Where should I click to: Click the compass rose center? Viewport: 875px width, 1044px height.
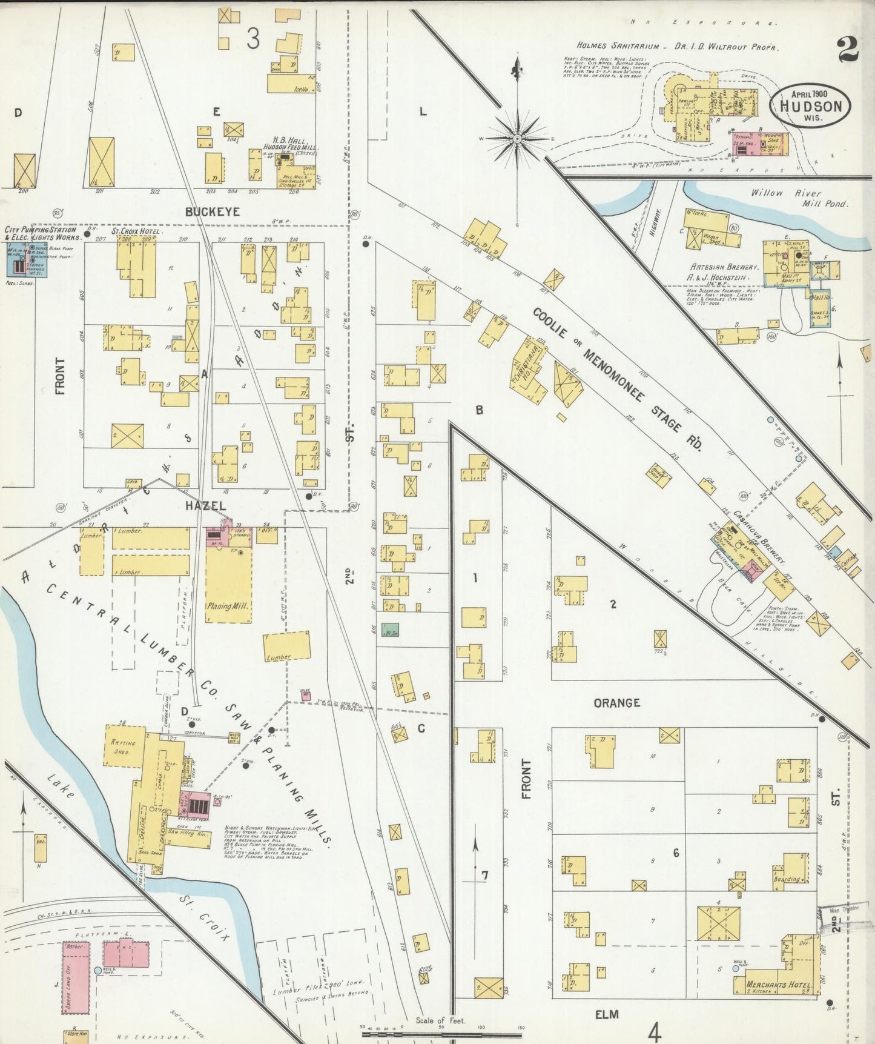click(x=517, y=139)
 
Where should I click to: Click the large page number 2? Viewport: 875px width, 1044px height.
click(x=848, y=50)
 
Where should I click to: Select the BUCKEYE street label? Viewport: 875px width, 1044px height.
click(x=213, y=212)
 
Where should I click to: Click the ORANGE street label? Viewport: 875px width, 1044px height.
click(x=616, y=703)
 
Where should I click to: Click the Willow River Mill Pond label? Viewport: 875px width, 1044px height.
click(x=799, y=198)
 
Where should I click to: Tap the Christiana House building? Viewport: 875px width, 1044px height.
click(x=526, y=371)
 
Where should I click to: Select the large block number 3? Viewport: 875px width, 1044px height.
click(x=253, y=39)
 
